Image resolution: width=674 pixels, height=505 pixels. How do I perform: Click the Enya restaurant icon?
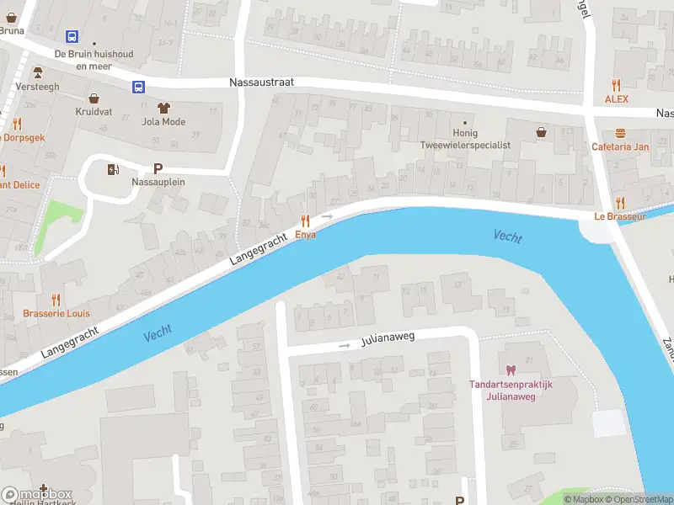[x=305, y=220]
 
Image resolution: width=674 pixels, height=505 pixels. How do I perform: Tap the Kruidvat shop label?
[x=94, y=111]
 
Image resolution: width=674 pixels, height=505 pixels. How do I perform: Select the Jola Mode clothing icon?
[x=163, y=107]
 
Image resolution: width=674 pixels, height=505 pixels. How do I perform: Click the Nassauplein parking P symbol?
[x=158, y=168]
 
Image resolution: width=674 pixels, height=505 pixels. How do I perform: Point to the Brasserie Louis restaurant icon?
[x=56, y=300]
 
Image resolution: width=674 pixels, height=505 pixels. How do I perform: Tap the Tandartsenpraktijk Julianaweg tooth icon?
[x=510, y=369]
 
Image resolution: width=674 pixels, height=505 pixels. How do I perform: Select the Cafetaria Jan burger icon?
[x=620, y=133]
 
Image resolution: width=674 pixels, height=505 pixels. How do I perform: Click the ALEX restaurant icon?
[x=617, y=85]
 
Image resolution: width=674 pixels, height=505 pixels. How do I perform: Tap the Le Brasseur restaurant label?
[x=619, y=216]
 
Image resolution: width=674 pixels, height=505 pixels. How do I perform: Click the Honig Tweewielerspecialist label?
[x=465, y=139]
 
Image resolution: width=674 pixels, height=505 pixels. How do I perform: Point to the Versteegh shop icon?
[x=37, y=73]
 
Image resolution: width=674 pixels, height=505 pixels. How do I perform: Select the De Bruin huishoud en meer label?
[x=94, y=59]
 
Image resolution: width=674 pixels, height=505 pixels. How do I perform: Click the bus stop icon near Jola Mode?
[x=136, y=86]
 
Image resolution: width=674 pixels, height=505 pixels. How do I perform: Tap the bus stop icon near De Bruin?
[x=72, y=37]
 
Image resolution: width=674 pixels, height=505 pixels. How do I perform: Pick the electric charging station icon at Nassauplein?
[x=113, y=169]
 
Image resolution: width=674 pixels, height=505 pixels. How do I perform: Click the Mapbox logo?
[x=37, y=494]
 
